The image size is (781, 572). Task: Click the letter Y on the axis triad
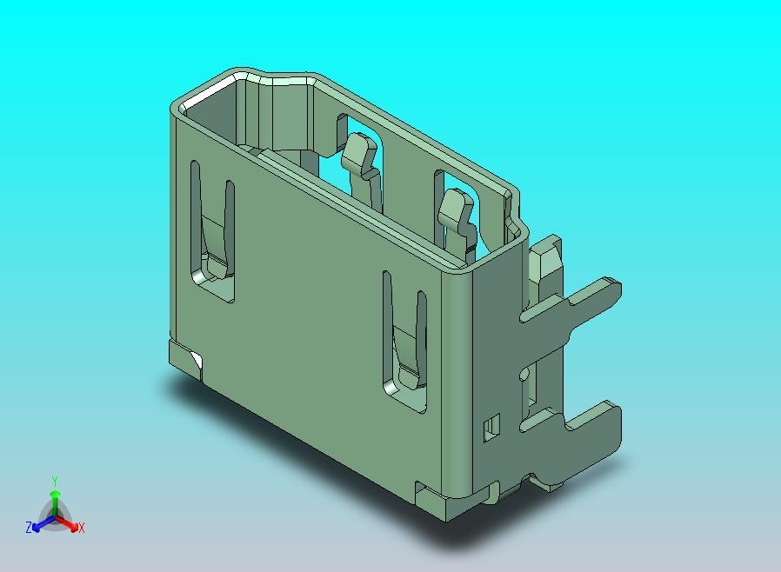(x=54, y=481)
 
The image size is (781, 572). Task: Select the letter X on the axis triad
(x=82, y=528)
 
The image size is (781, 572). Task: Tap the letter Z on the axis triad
(x=29, y=527)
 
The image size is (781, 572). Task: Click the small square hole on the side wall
(x=492, y=426)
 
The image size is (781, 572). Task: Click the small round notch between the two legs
(x=524, y=375)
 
